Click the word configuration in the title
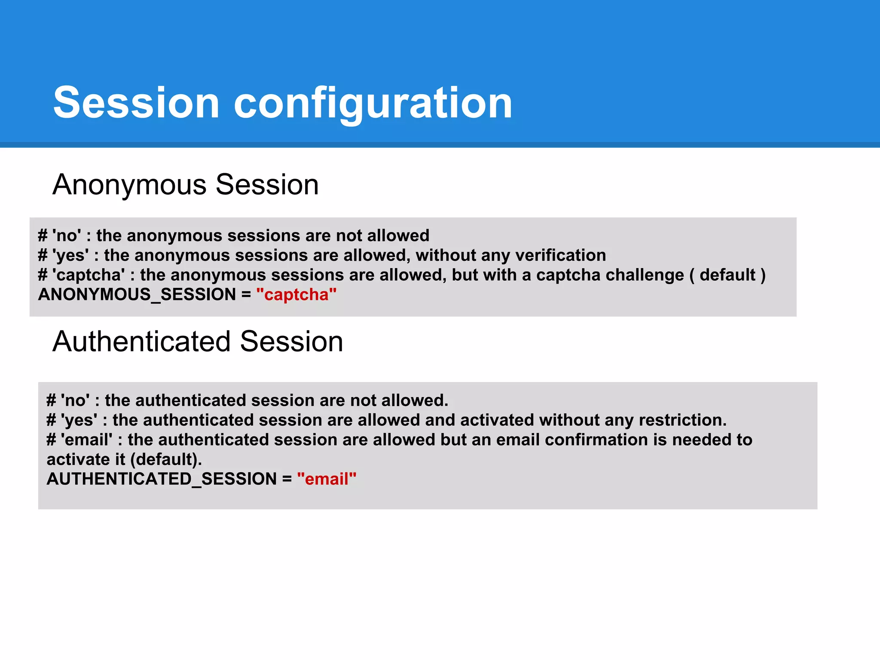(373, 103)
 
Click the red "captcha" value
(296, 295)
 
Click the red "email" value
(327, 479)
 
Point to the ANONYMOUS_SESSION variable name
(137, 295)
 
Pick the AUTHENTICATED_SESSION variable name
(162, 479)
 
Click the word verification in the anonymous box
(560, 255)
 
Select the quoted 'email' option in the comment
(86, 440)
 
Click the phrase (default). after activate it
(166, 460)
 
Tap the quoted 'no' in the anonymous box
(67, 235)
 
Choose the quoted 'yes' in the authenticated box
(79, 420)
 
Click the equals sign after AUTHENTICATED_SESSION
(287, 479)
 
